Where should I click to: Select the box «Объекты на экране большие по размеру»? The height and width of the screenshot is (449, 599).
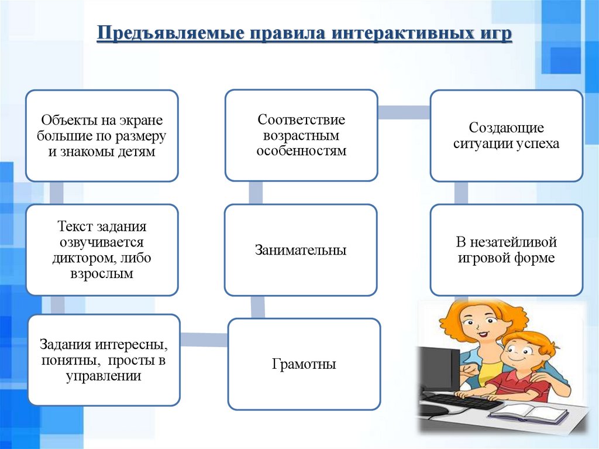tap(102, 135)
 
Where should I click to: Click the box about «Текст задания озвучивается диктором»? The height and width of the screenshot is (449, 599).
tap(102, 249)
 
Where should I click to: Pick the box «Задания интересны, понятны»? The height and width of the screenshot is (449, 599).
tap(104, 359)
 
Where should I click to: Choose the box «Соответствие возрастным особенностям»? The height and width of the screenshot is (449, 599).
tap(301, 135)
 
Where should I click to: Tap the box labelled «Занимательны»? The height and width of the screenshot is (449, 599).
tap(301, 250)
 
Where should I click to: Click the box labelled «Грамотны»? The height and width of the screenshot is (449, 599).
tap(304, 364)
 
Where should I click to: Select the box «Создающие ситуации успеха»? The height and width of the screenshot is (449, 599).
tap(506, 135)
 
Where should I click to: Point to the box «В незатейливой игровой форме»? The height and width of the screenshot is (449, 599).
tap(506, 250)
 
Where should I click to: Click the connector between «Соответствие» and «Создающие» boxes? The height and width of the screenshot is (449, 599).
tap(404, 112)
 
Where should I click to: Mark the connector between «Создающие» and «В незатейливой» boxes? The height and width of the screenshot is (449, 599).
tap(462, 192)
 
